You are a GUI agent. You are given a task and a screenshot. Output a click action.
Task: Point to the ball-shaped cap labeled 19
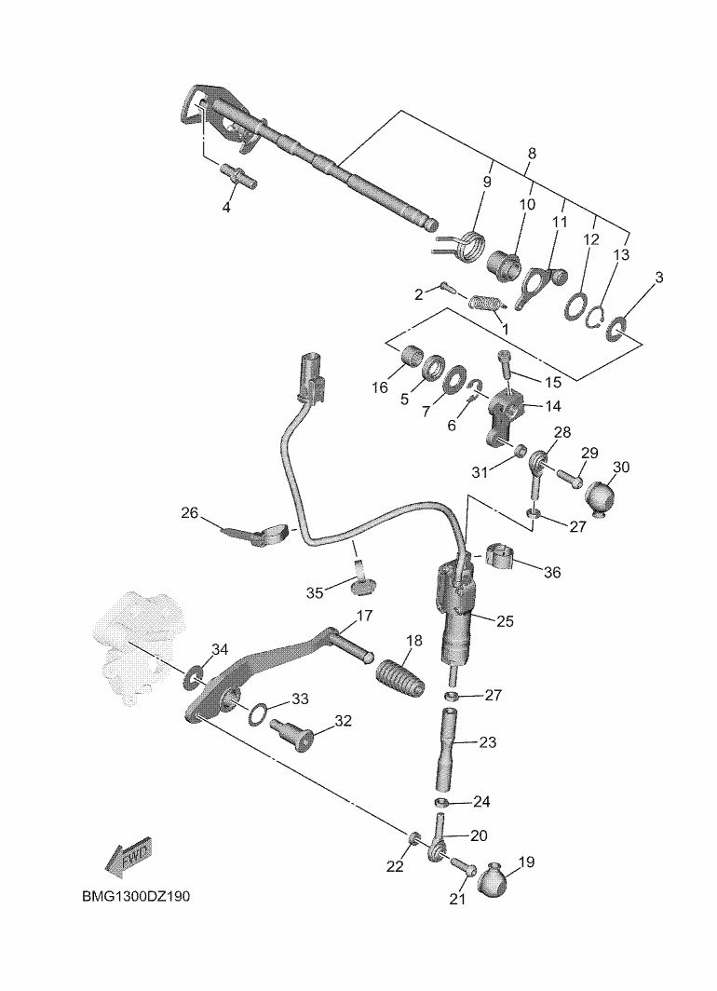click(x=496, y=879)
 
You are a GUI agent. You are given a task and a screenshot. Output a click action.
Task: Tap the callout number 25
click(x=505, y=619)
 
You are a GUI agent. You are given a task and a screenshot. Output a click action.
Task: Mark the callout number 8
click(x=532, y=153)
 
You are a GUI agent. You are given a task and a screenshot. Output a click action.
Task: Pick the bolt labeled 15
click(x=506, y=366)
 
